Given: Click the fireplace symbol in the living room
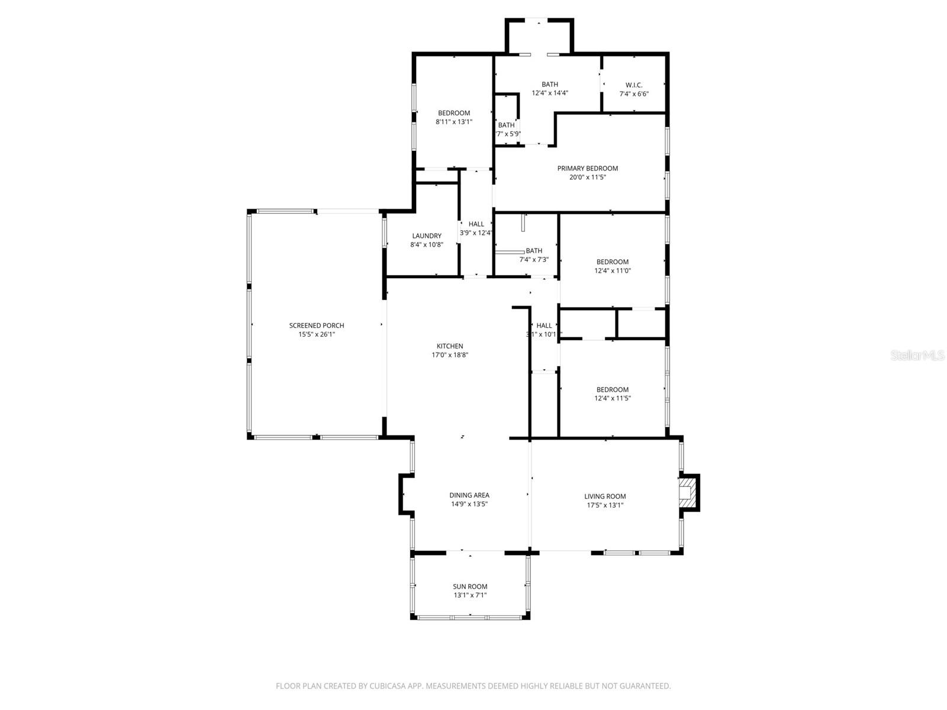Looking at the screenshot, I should tap(687, 492).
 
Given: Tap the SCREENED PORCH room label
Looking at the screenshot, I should tap(317, 325).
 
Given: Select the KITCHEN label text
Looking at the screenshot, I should tap(450, 346).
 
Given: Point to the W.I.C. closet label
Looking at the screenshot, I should tap(634, 85).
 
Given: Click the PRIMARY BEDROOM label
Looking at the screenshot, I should tap(588, 169).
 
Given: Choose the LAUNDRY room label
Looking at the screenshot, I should tap(427, 236).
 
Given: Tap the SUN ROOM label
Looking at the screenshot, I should tap(470, 587).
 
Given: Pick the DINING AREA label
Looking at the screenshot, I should tap(469, 496).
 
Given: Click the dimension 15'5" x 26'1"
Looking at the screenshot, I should tap(317, 334).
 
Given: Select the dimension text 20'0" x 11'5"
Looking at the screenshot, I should tap(588, 177).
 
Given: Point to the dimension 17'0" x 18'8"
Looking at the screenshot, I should tap(450, 355).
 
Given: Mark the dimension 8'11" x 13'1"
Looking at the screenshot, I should tap(454, 122).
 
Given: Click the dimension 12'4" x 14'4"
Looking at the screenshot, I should tap(550, 93).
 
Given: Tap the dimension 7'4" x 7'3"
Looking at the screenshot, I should tap(534, 260).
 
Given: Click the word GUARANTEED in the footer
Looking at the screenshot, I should tap(646, 686).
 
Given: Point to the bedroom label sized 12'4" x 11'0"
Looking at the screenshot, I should tap(613, 262).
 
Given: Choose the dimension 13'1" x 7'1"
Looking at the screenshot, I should tap(470, 595).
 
